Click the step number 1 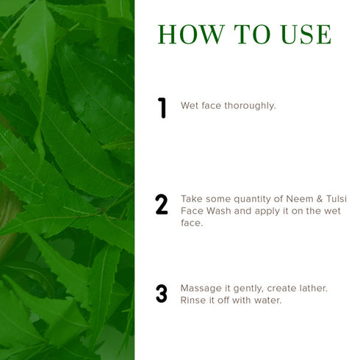pos(162,107)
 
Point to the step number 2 pos(162,205)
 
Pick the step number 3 pos(162,294)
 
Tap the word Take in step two pos(192,198)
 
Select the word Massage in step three pos(201,287)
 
